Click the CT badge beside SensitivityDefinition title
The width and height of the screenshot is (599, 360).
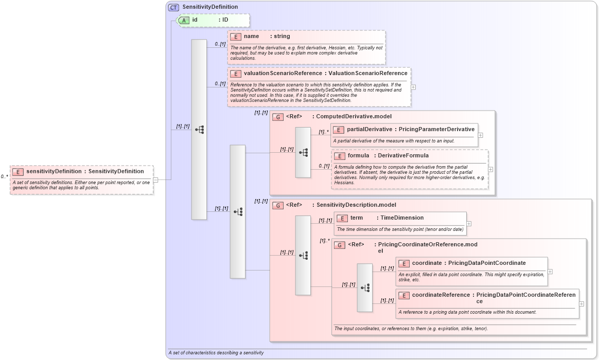[174, 7]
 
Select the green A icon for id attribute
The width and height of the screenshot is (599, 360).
[184, 20]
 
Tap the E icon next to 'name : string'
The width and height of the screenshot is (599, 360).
[236, 37]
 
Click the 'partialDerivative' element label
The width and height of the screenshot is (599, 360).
[369, 130]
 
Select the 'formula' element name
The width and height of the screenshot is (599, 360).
[358, 156]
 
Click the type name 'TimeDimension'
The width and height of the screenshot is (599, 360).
[402, 218]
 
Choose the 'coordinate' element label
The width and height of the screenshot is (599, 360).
[427, 263]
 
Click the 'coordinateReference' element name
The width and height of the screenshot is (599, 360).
[441, 295]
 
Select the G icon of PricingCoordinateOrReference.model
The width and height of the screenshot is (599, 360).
[340, 245]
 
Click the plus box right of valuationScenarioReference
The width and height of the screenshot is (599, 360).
[413, 87]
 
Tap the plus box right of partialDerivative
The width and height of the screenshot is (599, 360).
[481, 135]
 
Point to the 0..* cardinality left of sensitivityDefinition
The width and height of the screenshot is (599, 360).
[5, 177]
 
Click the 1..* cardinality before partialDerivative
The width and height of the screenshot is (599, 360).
[323, 132]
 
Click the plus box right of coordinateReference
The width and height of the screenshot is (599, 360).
[582, 304]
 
